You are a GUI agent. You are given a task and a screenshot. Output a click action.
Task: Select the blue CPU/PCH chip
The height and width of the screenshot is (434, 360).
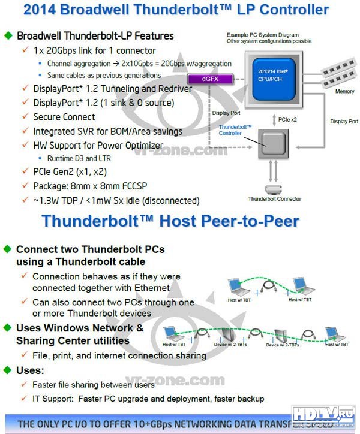pyautogui.click(x=272, y=77)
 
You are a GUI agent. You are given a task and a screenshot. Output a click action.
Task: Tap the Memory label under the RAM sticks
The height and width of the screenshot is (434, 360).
pyautogui.click(x=344, y=92)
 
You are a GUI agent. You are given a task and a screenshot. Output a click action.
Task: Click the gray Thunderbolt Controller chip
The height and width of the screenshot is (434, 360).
pyautogui.click(x=273, y=143)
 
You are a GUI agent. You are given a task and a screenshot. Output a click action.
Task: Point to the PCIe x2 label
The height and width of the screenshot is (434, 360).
pyautogui.click(x=289, y=120)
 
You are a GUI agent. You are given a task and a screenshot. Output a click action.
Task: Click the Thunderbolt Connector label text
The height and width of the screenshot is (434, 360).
pyautogui.click(x=274, y=199)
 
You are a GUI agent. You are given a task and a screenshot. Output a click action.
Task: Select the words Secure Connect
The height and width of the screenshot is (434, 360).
pyautogui.click(x=64, y=117)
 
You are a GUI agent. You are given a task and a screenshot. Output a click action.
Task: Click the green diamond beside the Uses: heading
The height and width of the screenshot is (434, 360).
pyautogui.click(x=8, y=370)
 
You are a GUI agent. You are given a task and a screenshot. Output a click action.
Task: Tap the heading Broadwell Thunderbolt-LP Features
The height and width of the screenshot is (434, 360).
pyautogui.click(x=95, y=36)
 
